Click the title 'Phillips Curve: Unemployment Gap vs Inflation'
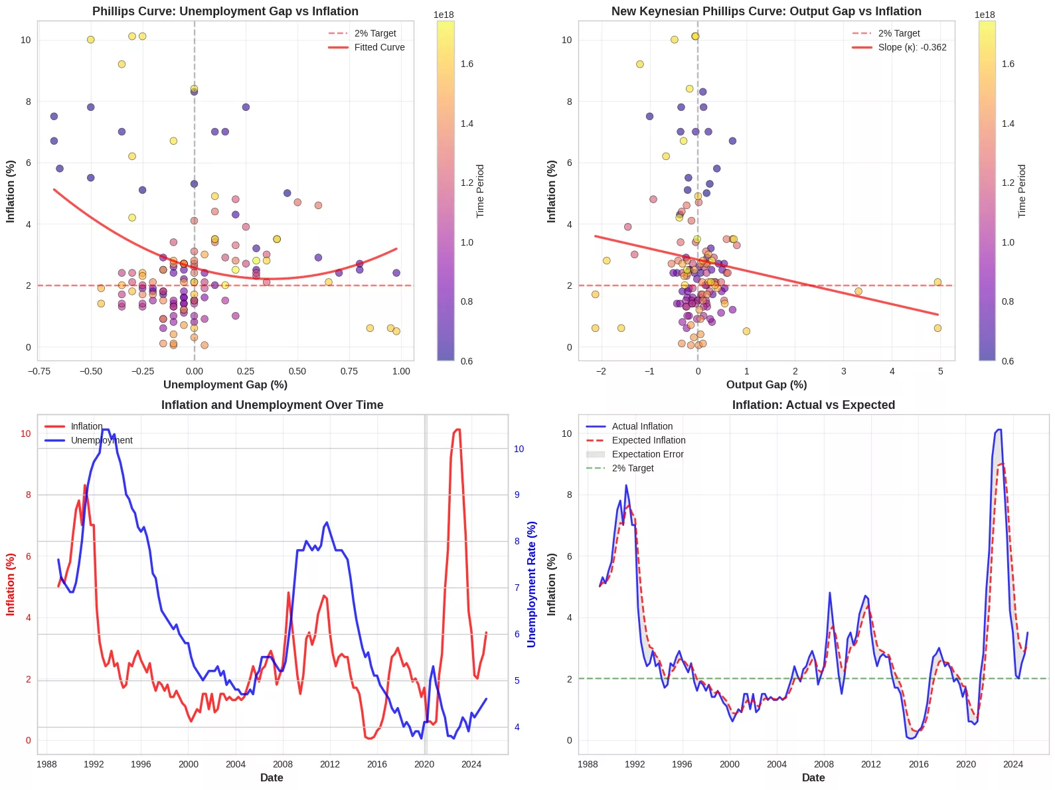pyautogui.click(x=225, y=11)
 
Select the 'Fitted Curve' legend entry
pyautogui.click(x=379, y=47)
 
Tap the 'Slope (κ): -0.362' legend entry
pyautogui.click(x=912, y=47)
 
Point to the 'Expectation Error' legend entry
pyautogui.click(x=647, y=454)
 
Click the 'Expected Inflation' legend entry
pyautogui.click(x=648, y=440)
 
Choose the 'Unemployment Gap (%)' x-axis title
pyautogui.click(x=225, y=384)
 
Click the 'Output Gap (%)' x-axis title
pyautogui.click(x=766, y=384)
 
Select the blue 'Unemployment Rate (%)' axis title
pyautogui.click(x=532, y=584)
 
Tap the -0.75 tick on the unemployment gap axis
pyautogui.click(x=40, y=371)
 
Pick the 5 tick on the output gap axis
pyautogui.click(x=941, y=371)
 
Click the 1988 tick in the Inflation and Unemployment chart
pyautogui.click(x=46, y=764)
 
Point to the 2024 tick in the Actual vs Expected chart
pyautogui.click(x=1013, y=764)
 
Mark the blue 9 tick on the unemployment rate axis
pyautogui.click(x=518, y=495)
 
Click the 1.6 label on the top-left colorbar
pyautogui.click(x=467, y=64)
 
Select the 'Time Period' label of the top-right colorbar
pyautogui.click(x=1022, y=191)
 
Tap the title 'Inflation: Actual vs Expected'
pyautogui.click(x=813, y=405)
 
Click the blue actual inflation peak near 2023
pyautogui.click(x=999, y=430)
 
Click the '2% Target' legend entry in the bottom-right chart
pyautogui.click(x=632, y=468)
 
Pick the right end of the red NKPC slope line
pyautogui.click(x=938, y=315)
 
